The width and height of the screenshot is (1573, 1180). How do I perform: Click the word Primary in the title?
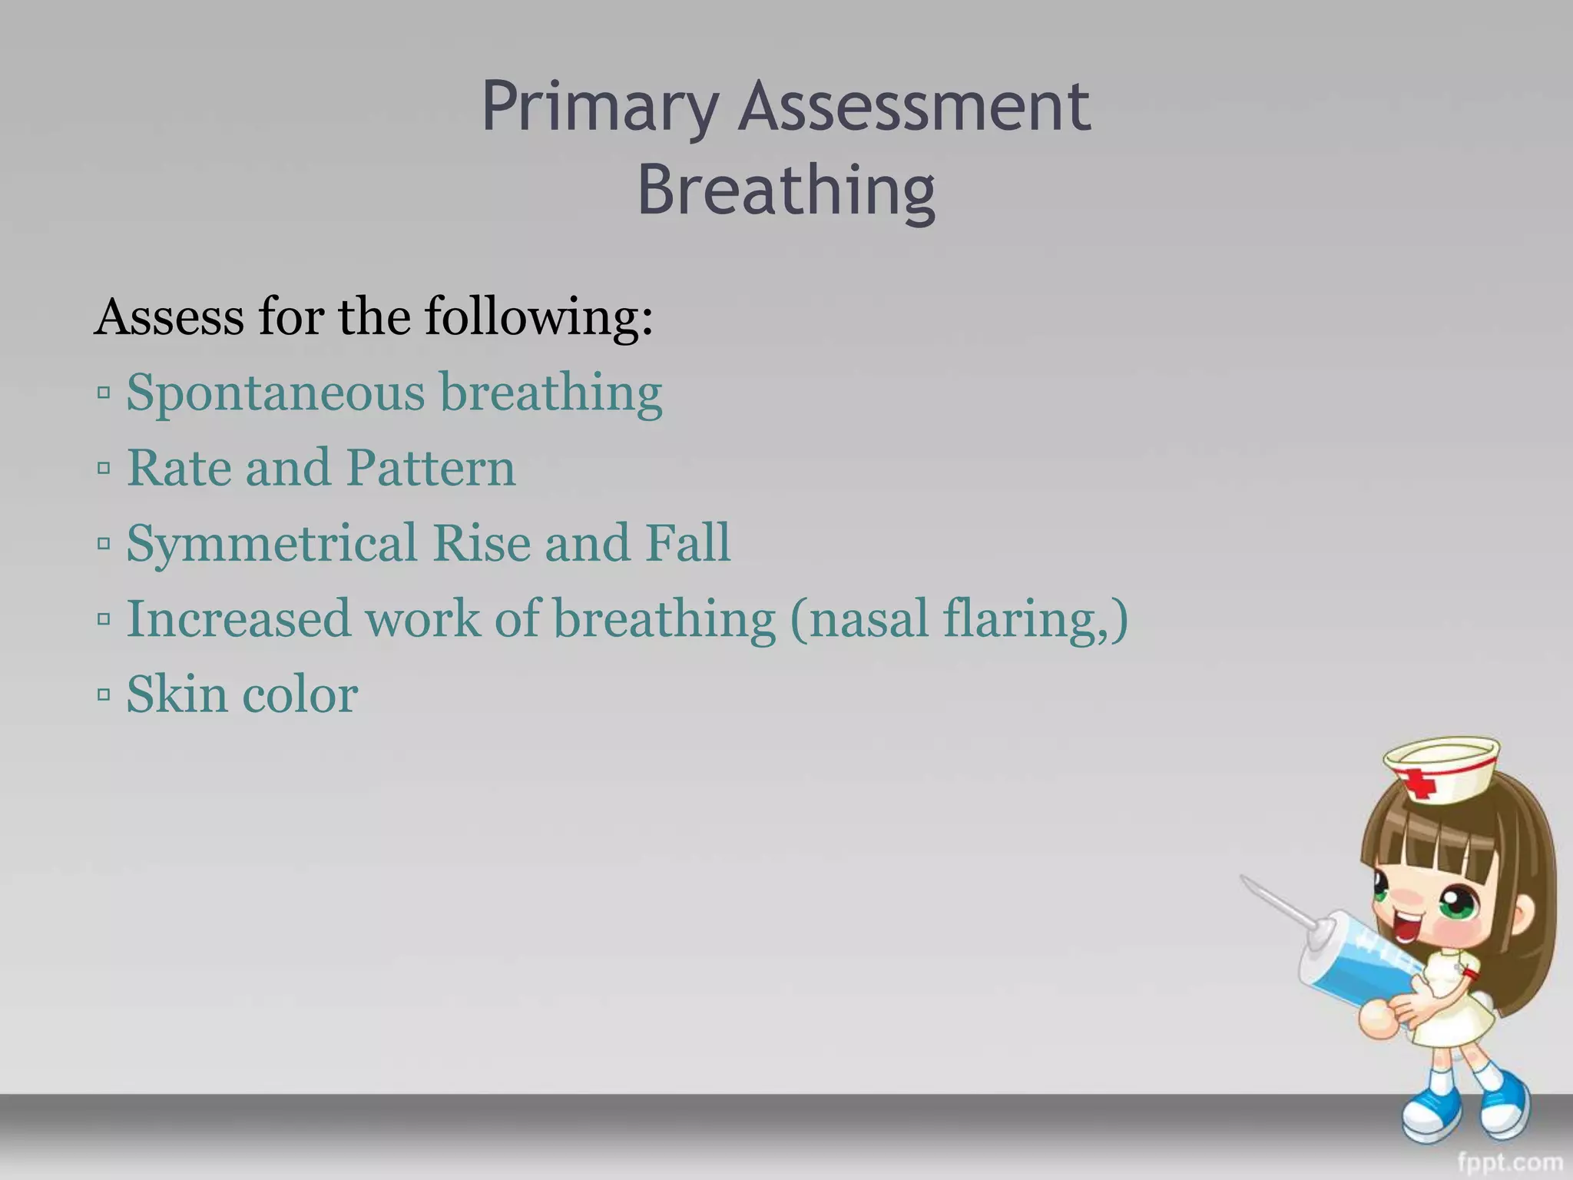(599, 108)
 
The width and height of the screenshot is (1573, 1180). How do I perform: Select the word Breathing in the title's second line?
(786, 191)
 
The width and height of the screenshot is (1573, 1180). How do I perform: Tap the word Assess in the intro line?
(169, 317)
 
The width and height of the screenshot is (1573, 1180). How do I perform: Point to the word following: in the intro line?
(538, 318)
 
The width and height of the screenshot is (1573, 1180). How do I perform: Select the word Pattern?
(430, 468)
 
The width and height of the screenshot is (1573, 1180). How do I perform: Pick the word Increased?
(238, 618)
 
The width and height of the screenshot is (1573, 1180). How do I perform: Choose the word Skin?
(177, 694)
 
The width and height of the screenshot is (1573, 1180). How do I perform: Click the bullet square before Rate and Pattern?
(104, 469)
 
